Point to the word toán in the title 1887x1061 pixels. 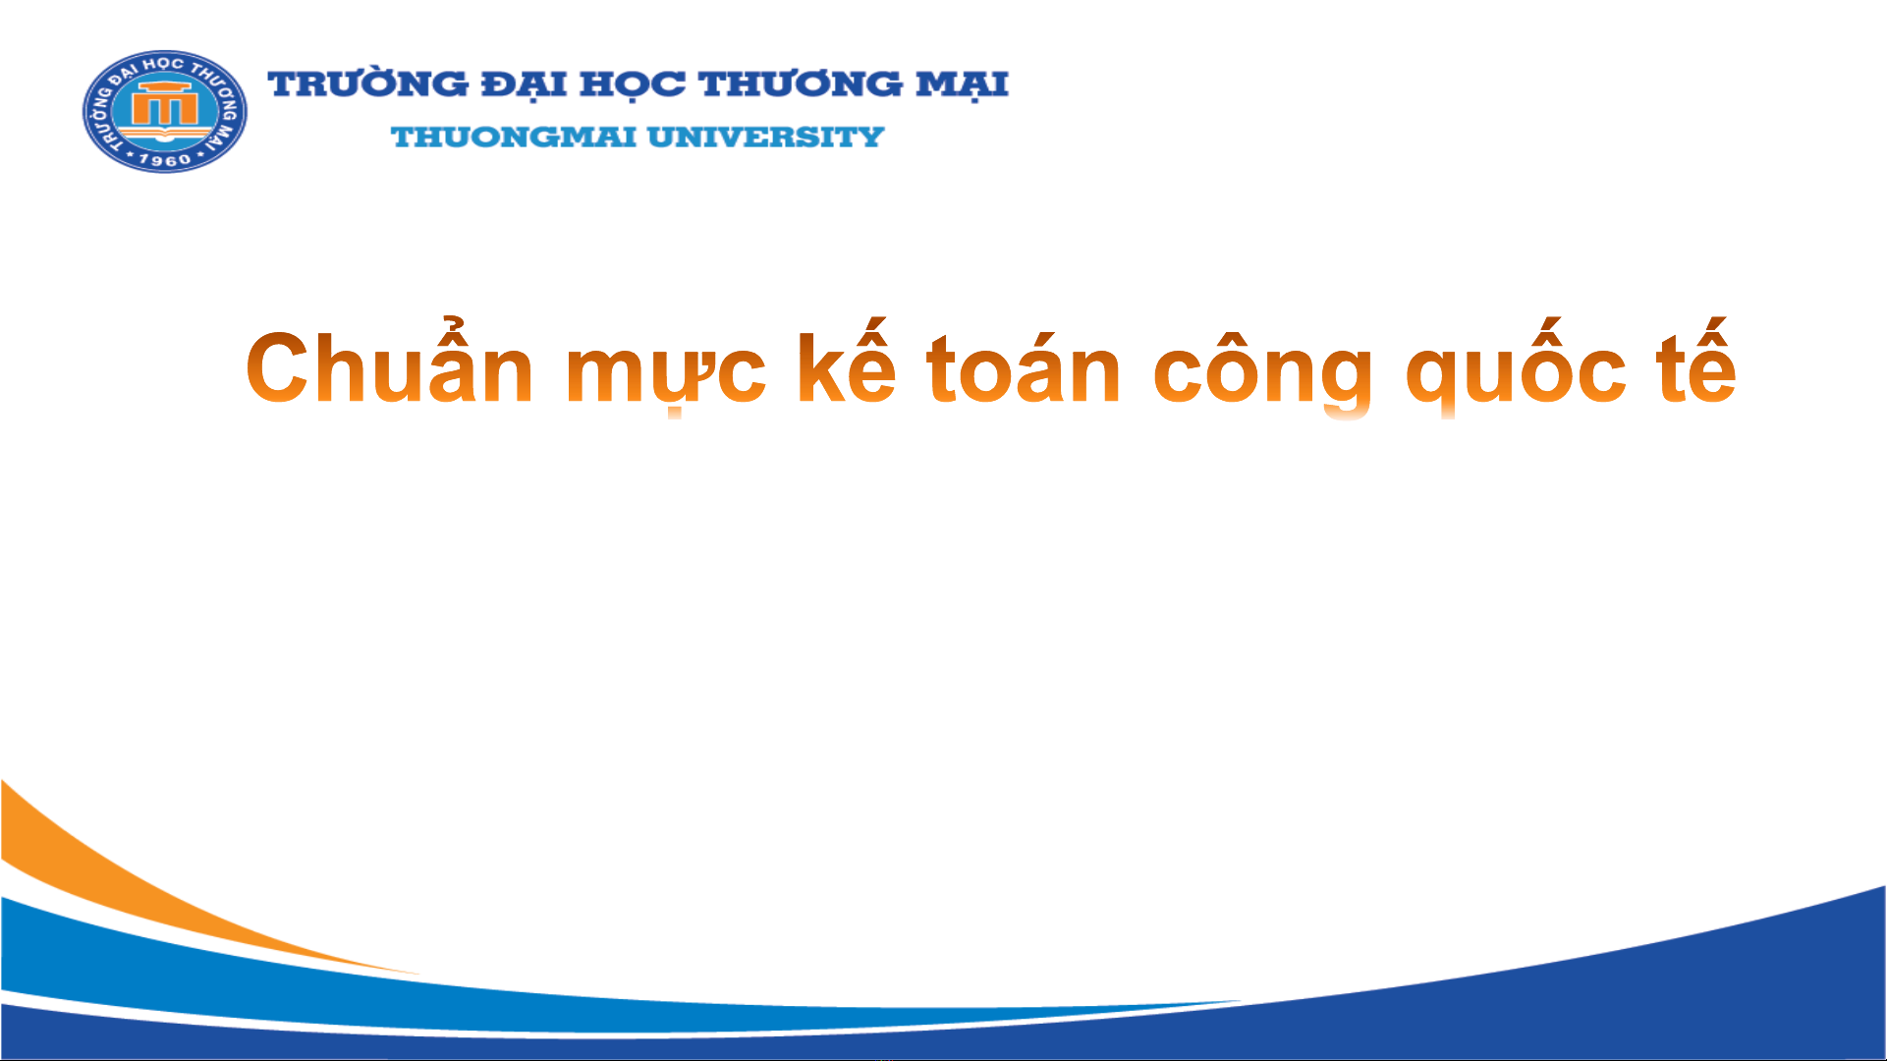click(x=1024, y=365)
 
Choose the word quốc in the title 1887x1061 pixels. click(x=1517, y=369)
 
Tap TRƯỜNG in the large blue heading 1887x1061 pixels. click(x=368, y=84)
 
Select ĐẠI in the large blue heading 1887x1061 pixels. click(x=525, y=85)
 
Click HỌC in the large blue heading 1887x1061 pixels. click(x=633, y=85)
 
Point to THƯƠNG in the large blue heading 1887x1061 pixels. click(x=801, y=84)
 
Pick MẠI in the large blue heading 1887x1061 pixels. click(x=963, y=85)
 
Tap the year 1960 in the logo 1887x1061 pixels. click(x=164, y=160)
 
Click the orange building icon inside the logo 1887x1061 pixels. click(x=165, y=104)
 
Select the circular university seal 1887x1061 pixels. click(x=165, y=111)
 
